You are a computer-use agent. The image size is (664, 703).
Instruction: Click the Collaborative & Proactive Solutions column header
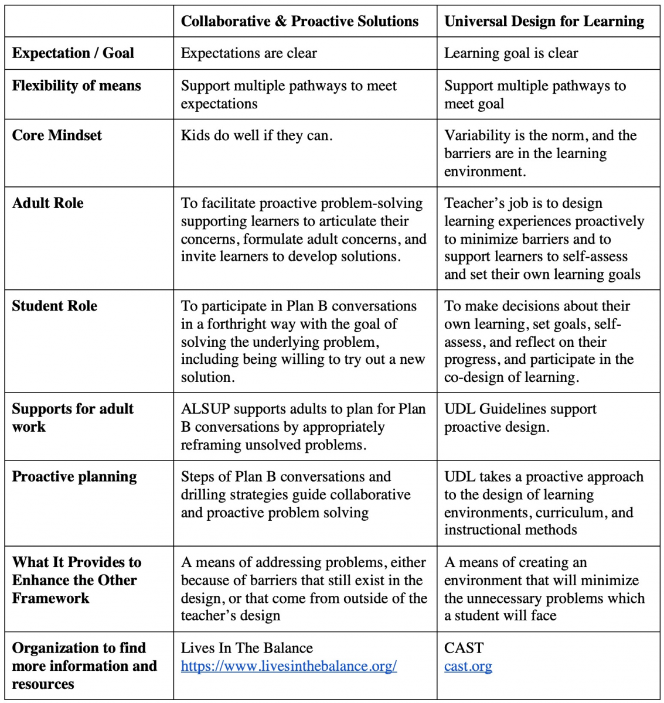pos(299,22)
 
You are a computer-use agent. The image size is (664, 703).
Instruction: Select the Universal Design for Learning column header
pos(544,22)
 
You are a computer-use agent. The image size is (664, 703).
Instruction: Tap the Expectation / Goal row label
pos(73,53)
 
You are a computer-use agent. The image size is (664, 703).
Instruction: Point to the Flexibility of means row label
pos(77,86)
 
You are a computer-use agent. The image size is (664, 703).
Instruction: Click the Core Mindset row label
pos(57,135)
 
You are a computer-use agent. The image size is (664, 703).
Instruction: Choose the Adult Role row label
pos(48,203)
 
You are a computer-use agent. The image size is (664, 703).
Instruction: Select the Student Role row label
pos(55,306)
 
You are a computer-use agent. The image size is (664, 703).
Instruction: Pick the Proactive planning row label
pos(74,477)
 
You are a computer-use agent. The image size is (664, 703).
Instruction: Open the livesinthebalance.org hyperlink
pos(289,666)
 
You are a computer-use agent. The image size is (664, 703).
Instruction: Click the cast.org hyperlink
pos(468,666)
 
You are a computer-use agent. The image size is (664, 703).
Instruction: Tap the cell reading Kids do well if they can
pos(257,136)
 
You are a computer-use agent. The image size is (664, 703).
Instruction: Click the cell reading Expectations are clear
pos(248,53)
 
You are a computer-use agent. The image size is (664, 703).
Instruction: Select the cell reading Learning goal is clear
pos(511,53)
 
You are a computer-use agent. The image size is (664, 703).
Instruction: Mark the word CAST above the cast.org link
pos(464,648)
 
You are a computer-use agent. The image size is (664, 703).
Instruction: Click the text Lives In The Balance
pos(247,648)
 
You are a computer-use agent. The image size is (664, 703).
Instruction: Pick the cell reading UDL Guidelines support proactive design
pos(520,418)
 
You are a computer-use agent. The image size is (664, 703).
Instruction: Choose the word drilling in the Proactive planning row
pos(202,495)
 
